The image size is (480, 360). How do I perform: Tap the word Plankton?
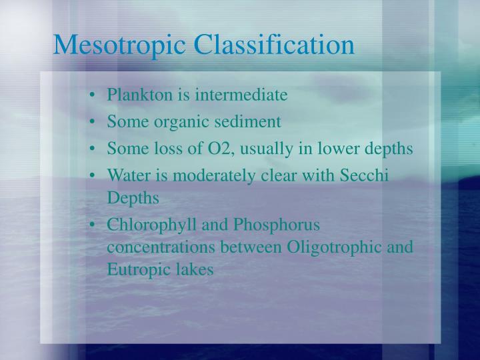[x=140, y=95]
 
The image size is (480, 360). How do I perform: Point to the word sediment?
[x=250, y=122]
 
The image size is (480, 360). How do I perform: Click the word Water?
[x=125, y=175]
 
